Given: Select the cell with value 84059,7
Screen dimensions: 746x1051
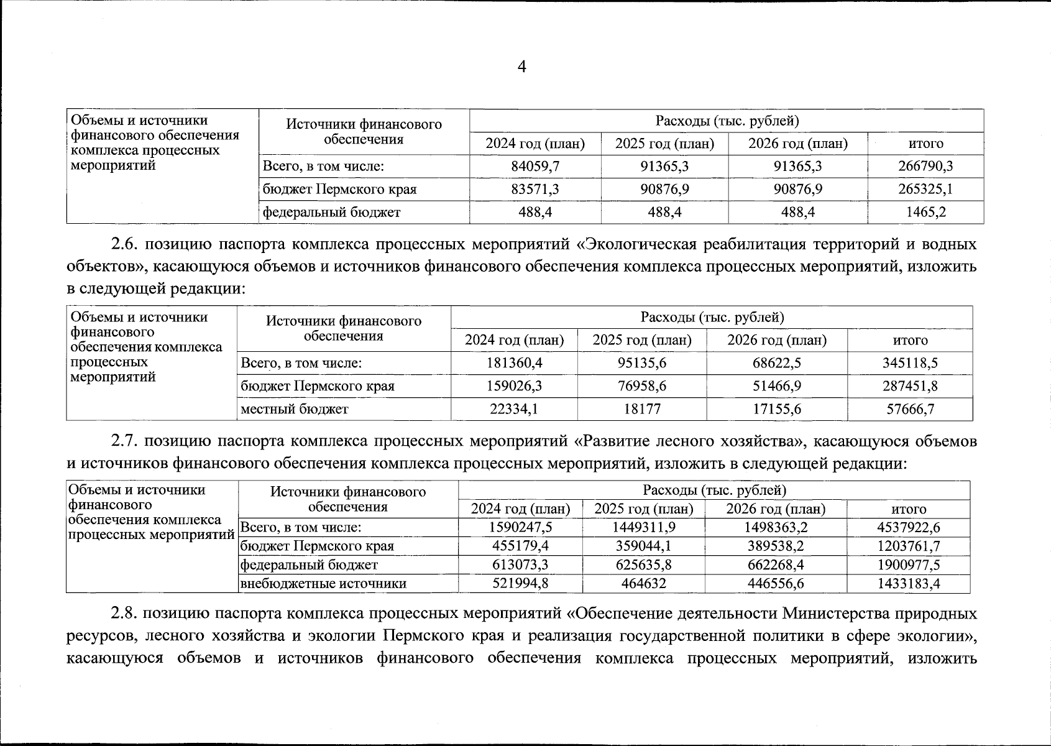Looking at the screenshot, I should [535, 167].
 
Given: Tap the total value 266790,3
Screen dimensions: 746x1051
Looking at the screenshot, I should [925, 167].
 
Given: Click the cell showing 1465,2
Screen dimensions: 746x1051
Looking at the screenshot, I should [925, 213].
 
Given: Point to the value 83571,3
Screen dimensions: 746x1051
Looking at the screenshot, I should [535, 190].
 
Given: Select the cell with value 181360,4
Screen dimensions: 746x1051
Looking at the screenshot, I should [514, 363].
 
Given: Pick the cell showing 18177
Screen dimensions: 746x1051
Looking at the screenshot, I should [642, 409].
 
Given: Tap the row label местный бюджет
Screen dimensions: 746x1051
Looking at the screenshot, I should [295, 409].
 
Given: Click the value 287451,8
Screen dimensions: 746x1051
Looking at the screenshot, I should [910, 386].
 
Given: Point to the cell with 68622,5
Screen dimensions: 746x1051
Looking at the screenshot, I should [777, 363].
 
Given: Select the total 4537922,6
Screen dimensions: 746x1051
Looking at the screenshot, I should [909, 528].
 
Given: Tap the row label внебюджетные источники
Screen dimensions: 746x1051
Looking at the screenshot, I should [323, 584].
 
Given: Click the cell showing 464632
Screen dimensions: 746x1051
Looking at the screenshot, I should [644, 584].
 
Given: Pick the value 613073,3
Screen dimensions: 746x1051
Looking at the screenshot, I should [520, 565].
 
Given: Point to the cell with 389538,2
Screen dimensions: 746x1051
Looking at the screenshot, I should [776, 546].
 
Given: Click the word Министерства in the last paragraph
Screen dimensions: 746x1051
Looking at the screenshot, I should [835, 614].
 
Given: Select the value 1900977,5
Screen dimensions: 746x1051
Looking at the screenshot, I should [909, 565].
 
